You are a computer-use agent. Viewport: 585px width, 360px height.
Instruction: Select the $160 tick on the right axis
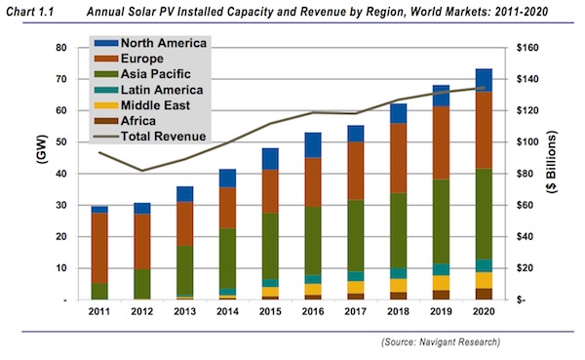526,48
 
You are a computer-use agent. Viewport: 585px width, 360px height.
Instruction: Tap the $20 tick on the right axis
523,268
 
